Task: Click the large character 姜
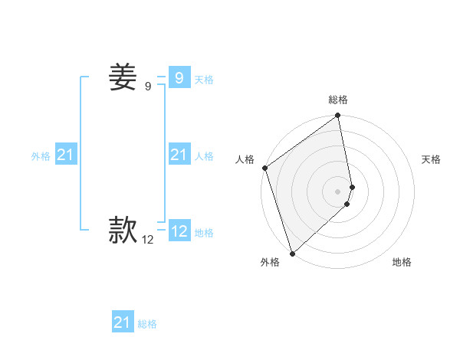[123, 77]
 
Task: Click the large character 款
[123, 229]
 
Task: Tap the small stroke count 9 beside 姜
[148, 87]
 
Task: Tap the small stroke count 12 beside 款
[148, 240]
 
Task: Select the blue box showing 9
[179, 78]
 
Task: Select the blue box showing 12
[179, 231]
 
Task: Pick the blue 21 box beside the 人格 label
[179, 155]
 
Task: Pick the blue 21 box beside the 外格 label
[66, 155]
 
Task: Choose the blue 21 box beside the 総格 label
[123, 322]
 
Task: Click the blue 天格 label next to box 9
[204, 80]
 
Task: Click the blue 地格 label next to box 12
[204, 233]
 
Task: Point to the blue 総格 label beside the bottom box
[147, 325]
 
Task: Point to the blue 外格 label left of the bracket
[41, 156]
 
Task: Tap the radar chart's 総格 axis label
[338, 100]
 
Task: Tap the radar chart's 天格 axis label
[432, 159]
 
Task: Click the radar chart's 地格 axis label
[402, 262]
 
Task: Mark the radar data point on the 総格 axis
[338, 116]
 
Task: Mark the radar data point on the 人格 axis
[264, 168]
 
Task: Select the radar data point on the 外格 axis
[292, 253]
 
